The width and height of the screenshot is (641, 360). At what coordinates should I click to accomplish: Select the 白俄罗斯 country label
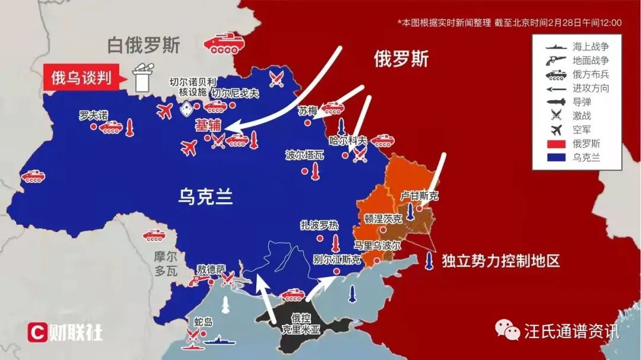coord(144,45)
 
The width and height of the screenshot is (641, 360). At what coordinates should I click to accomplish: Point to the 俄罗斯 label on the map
coord(401,59)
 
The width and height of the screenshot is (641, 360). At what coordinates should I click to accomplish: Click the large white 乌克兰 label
coord(205,196)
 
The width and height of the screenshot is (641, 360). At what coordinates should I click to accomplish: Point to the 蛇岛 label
coord(203,323)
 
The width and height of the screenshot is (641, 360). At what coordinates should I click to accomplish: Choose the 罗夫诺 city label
coord(94,115)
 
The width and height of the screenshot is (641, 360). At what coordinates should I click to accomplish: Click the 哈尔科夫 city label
coord(348,141)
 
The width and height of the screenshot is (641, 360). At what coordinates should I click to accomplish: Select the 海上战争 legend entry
coord(590,46)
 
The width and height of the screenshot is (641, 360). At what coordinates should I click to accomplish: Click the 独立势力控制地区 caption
coord(500,261)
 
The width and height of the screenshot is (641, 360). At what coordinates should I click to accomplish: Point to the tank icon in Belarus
coord(220,43)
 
